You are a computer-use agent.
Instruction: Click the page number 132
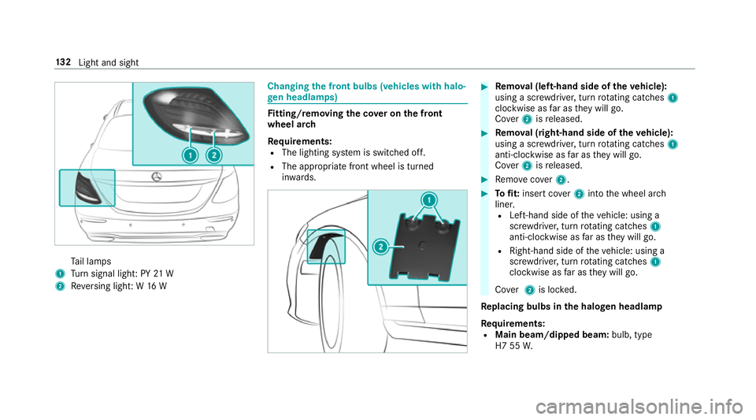coord(63,62)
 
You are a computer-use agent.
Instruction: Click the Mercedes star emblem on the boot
coord(156,177)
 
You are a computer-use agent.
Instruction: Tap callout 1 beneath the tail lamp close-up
coord(190,155)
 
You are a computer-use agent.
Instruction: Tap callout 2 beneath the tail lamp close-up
coord(213,155)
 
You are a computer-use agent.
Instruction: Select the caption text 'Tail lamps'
coord(91,262)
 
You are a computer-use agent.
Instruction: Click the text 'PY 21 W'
coord(157,274)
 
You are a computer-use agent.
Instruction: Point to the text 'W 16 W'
coord(151,286)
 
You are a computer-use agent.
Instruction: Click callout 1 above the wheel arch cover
coord(428,199)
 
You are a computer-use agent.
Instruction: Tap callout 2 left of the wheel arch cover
coord(381,247)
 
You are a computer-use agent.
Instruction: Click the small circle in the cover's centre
coord(423,246)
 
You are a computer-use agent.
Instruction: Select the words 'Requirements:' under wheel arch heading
coord(299,142)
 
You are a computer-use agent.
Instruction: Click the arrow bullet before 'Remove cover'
coord(484,180)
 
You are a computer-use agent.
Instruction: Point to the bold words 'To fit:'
coord(506,194)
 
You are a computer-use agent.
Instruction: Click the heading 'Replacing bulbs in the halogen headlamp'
coord(572,307)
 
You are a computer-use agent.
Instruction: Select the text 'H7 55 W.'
coord(514,346)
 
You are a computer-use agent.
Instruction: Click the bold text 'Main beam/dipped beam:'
coord(552,335)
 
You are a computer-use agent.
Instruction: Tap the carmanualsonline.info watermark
coord(639,407)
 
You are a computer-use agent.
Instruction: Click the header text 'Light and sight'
coord(109,63)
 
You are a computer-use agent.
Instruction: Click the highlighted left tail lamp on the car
coord(87,188)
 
